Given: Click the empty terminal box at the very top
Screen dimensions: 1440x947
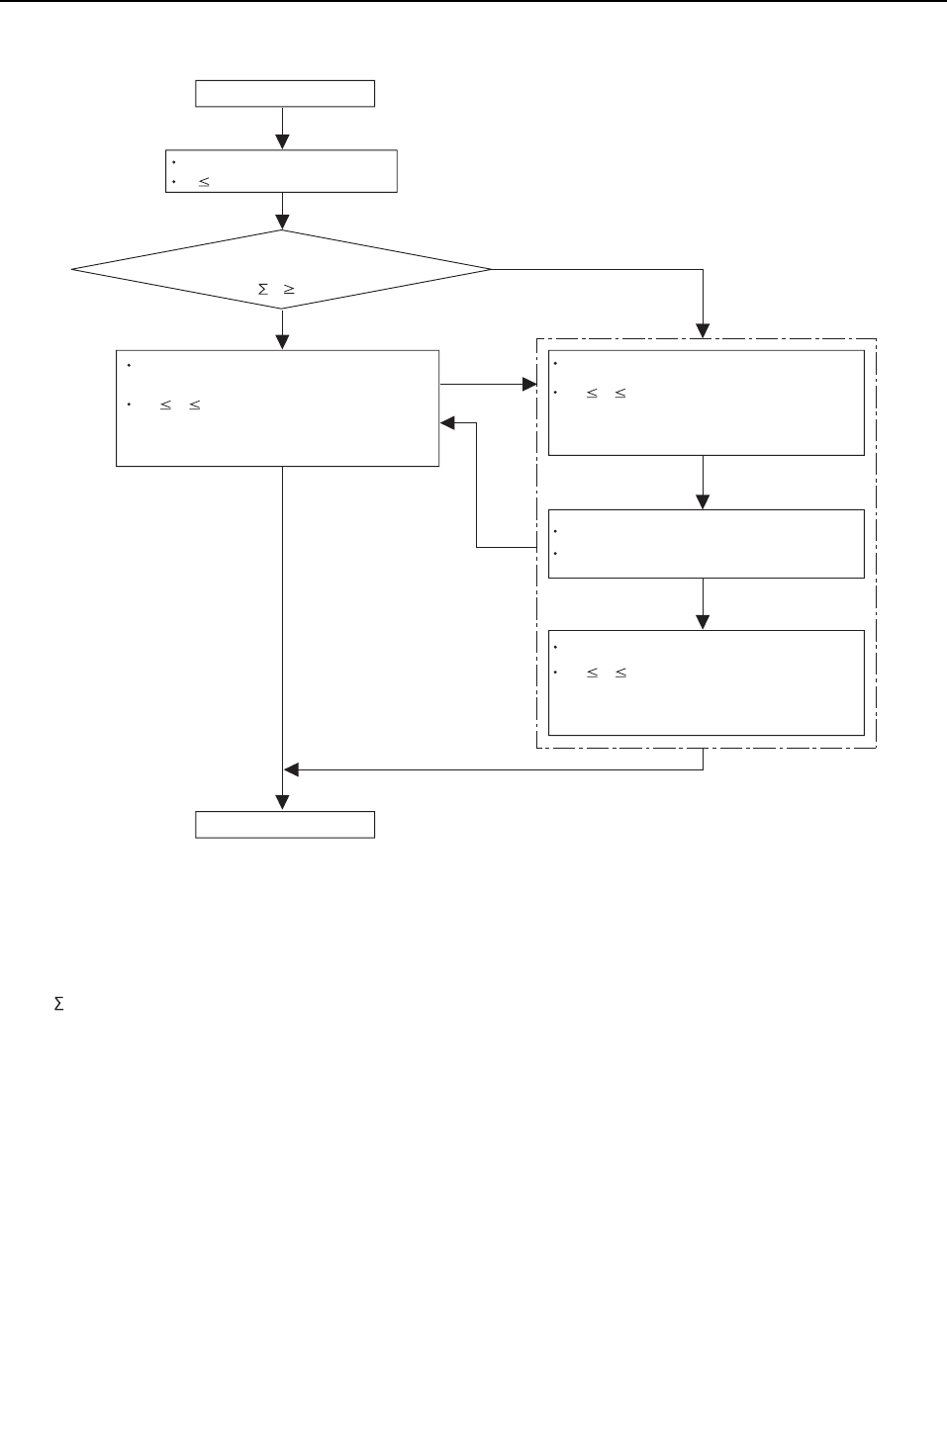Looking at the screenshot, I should (x=285, y=93).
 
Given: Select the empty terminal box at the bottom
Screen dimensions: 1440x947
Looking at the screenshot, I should (x=285, y=825).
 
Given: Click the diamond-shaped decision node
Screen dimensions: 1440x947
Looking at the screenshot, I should (x=282, y=269).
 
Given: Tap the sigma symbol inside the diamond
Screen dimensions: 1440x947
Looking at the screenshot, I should (x=263, y=290).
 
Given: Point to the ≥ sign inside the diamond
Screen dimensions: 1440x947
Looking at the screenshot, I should (x=290, y=290).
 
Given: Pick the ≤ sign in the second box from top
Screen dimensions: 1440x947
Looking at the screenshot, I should (x=204, y=183).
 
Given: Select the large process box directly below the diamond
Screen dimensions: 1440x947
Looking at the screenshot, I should (x=277, y=407).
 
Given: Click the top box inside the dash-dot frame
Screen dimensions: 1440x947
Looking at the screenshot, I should (x=706, y=403).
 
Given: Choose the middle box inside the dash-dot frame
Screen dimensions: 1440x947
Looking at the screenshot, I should (x=706, y=544).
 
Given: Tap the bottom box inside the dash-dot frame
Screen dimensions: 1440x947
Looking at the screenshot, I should (x=706, y=682).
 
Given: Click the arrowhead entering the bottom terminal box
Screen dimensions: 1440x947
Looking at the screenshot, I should (x=283, y=802).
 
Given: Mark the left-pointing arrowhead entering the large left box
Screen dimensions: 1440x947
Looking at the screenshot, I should (x=447, y=423).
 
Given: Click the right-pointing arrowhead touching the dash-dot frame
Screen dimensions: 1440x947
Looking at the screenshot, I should (x=528, y=384).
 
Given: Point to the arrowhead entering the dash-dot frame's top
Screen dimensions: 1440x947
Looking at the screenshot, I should (x=703, y=331).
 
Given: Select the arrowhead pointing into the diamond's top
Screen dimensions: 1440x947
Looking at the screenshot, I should (x=283, y=223).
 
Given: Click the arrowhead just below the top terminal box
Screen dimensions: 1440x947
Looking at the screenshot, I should (x=283, y=142).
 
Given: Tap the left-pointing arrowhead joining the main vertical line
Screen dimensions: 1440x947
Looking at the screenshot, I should (x=292, y=769).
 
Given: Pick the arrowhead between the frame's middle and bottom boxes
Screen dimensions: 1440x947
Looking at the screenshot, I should (x=703, y=622).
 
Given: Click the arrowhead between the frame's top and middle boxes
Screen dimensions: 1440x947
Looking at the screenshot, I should (x=703, y=502).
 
